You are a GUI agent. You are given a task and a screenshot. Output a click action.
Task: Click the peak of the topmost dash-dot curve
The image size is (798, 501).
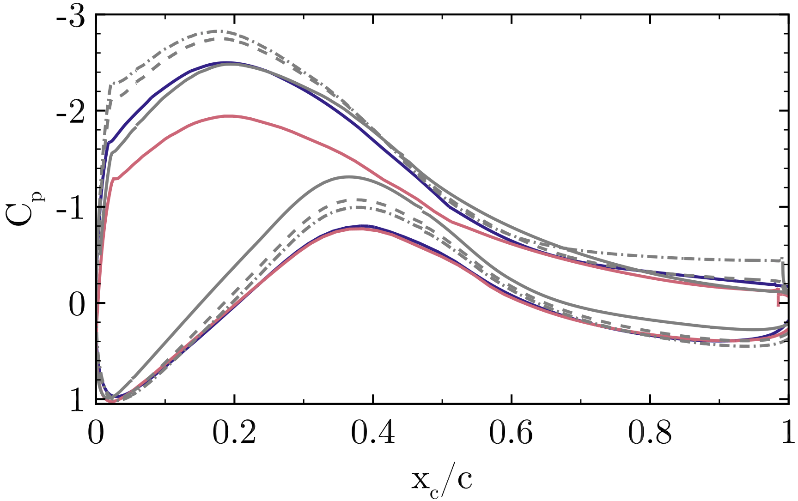pyautogui.click(x=216, y=31)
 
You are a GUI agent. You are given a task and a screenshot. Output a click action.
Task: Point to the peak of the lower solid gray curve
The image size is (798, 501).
pyautogui.click(x=349, y=176)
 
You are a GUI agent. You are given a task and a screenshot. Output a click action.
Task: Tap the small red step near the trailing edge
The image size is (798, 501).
pyautogui.click(x=780, y=299)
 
